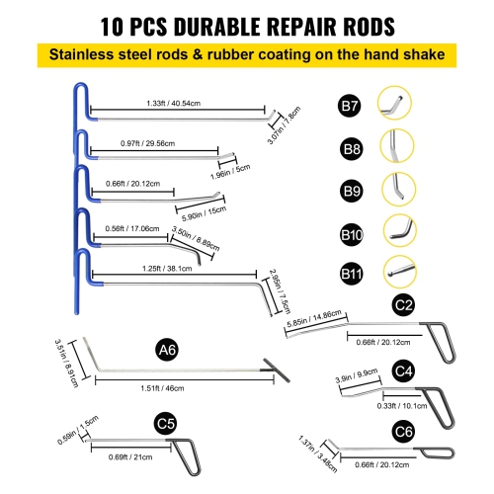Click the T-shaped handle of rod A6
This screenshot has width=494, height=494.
coord(268,371)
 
